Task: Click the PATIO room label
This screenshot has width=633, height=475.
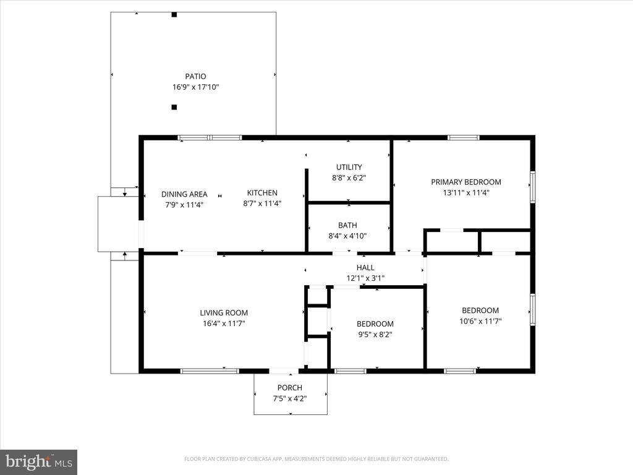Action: click(x=195, y=76)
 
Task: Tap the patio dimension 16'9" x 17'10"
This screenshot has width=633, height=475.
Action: click(x=195, y=88)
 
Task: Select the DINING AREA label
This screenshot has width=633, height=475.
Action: click(x=184, y=194)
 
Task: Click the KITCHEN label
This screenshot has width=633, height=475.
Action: click(x=262, y=192)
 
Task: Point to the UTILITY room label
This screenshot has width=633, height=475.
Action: click(x=349, y=167)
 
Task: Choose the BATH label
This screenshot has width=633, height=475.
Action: click(x=347, y=225)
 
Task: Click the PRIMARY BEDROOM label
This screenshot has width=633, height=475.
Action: click(x=465, y=182)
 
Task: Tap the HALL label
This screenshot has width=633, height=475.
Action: click(x=365, y=267)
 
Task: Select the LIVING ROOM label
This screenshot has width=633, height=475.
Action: click(x=223, y=312)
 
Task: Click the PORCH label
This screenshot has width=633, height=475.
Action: click(x=289, y=388)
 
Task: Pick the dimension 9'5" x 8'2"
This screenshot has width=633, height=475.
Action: click(x=375, y=335)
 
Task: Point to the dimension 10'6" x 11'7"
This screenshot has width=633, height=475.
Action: click(x=480, y=321)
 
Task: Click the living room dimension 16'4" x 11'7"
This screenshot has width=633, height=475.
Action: click(x=223, y=323)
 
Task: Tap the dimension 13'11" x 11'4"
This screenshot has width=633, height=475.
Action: click(x=465, y=192)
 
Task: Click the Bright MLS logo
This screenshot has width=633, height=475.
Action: click(x=38, y=461)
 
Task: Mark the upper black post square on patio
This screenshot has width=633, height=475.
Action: click(x=174, y=15)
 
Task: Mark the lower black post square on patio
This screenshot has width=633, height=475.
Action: click(x=174, y=107)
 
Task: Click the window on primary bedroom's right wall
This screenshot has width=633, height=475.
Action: click(x=532, y=187)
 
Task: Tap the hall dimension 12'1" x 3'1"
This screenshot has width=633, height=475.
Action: click(x=365, y=278)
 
